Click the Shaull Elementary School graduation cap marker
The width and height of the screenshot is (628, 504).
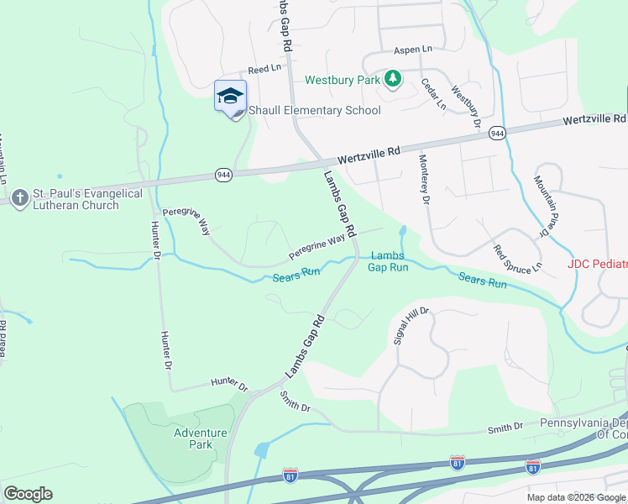click(230, 97)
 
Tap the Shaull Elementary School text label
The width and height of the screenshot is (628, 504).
click(314, 111)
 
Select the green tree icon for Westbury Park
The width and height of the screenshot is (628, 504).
click(392, 80)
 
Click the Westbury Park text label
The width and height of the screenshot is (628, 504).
click(343, 81)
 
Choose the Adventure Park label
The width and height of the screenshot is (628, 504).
click(200, 438)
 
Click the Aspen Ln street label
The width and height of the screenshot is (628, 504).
click(412, 50)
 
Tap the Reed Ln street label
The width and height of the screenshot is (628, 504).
click(264, 68)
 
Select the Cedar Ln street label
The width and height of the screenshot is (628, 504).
click(433, 93)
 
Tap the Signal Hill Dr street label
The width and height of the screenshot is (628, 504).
click(412, 325)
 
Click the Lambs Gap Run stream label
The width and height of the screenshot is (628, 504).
click(388, 261)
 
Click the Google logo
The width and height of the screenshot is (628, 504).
click(28, 494)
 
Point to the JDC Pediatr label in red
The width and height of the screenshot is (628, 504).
click(597, 264)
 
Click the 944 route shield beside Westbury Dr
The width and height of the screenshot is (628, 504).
click(497, 134)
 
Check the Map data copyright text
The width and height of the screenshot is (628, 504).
click(576, 497)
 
